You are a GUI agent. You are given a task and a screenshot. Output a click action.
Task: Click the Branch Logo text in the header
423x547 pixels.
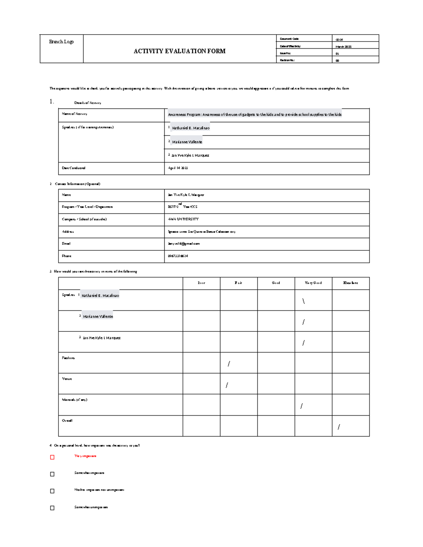[61, 42]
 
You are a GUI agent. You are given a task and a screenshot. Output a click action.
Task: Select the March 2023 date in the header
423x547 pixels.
[343, 46]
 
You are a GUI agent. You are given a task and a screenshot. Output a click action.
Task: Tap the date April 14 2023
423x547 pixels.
[178, 168]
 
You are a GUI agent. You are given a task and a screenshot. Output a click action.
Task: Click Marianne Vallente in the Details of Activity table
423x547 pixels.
[187, 142]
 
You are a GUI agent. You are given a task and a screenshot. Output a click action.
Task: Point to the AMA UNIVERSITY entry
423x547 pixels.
[183, 219]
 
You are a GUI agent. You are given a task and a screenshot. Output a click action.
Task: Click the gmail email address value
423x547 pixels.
[184, 243]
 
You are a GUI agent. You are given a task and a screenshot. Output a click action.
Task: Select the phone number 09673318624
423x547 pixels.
[178, 256]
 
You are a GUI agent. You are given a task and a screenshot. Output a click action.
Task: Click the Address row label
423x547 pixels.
[68, 232]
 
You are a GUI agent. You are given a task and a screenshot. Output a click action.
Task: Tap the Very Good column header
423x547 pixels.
[313, 283]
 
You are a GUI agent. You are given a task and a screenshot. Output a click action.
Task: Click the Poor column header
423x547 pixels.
[201, 283]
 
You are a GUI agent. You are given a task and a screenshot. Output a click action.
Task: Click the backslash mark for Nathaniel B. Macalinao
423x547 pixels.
[303, 301]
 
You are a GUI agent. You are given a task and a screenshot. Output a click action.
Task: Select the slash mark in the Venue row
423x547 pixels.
[227, 385]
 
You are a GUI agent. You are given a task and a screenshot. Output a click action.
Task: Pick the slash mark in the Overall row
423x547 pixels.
[338, 427]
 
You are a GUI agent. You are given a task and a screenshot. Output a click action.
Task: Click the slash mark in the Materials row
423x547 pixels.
[301, 406]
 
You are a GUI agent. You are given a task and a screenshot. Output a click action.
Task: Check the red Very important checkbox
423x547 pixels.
[52, 457]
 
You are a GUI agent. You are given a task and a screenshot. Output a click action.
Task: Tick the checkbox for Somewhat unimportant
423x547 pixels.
[52, 508]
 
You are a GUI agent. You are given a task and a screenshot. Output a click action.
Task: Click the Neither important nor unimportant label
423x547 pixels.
[99, 490]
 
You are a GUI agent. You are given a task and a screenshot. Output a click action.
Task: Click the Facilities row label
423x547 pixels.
[68, 358]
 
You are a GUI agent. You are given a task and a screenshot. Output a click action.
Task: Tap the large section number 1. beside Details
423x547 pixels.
[52, 102]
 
